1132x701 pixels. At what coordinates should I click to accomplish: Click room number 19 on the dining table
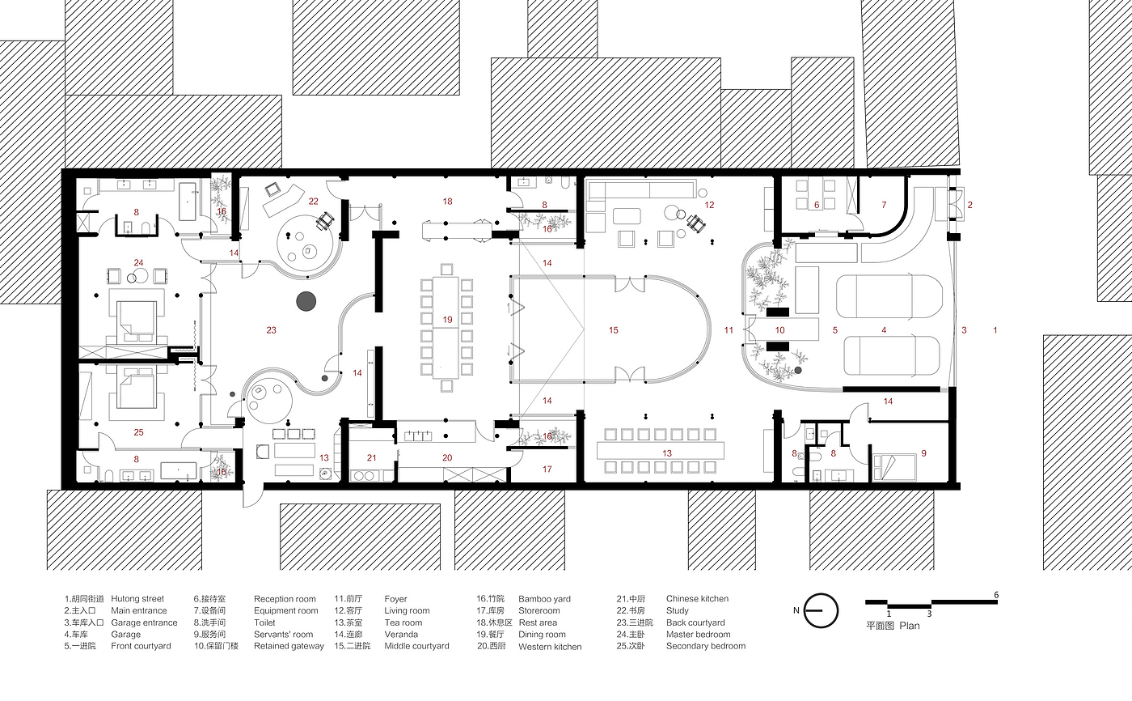(447, 320)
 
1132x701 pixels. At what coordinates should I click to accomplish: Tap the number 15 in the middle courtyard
(613, 330)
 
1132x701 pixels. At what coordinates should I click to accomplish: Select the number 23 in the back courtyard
(272, 329)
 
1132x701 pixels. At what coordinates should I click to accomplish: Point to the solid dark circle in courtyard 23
(306, 302)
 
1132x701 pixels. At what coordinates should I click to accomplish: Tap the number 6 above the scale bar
(996, 595)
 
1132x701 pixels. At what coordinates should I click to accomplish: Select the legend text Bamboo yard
(544, 599)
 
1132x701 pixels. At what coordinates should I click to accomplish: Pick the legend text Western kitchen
(550, 647)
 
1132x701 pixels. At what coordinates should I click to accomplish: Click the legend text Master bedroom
(698, 635)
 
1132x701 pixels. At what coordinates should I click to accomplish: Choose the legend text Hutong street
(137, 599)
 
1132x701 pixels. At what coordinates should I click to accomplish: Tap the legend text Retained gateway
(289, 646)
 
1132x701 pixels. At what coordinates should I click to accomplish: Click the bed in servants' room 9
(893, 467)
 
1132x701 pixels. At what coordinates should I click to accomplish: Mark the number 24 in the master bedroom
(139, 262)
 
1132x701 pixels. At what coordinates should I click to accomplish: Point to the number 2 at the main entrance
(969, 205)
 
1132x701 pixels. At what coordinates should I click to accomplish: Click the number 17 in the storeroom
(547, 469)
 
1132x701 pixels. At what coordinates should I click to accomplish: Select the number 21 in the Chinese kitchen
(372, 458)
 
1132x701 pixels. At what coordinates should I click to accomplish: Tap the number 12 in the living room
(709, 205)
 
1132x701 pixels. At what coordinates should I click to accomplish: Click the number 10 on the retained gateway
(779, 330)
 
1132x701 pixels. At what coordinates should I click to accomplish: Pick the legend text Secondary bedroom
(706, 646)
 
